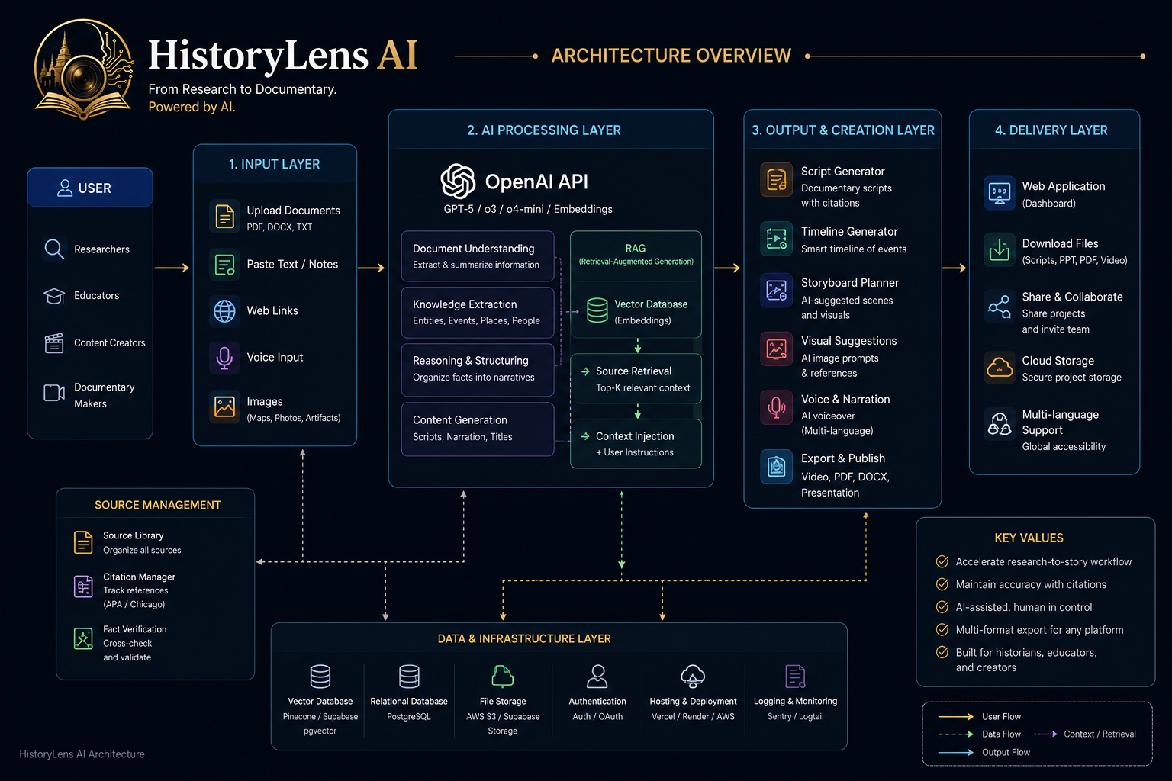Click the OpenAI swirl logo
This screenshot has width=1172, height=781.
[458, 181]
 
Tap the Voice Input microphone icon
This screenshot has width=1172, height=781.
[224, 358]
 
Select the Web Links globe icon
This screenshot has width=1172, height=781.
[224, 310]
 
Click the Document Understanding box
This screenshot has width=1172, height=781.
[477, 256]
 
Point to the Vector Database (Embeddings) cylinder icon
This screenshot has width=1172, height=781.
[597, 310]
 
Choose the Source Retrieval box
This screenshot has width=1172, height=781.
[636, 379]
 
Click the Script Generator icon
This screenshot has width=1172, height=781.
[777, 179]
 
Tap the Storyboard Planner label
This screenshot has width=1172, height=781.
[850, 283]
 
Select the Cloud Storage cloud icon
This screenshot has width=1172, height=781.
[1000, 368]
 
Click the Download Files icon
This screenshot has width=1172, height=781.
[1000, 250]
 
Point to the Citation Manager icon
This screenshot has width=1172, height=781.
[83, 587]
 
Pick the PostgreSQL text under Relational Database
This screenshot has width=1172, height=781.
[409, 717]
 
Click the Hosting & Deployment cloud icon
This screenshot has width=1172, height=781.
[693, 676]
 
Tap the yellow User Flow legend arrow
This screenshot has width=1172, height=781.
[955, 717]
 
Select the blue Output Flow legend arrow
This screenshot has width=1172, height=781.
[955, 752]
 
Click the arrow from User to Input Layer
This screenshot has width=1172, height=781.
[172, 268]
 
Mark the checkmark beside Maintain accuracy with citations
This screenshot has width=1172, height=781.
[942, 584]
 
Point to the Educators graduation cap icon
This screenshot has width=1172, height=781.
[54, 296]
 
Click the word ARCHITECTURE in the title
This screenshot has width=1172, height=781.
[620, 56]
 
